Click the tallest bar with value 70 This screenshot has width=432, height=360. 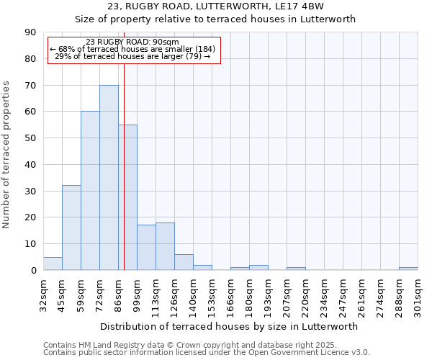pyautogui.click(x=109, y=178)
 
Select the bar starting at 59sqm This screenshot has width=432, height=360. pyautogui.click(x=90, y=191)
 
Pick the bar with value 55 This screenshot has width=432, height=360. pyautogui.click(x=127, y=197)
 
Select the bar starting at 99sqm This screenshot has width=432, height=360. pyautogui.click(x=146, y=248)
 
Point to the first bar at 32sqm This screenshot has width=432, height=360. pyautogui.click(x=53, y=264)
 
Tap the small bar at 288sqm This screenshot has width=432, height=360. pyautogui.click(x=408, y=269)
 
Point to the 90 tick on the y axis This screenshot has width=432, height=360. pyautogui.click(x=30, y=32)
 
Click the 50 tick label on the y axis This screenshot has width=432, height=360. pyautogui.click(x=30, y=138)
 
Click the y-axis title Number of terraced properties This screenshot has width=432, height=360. pyautogui.click(x=7, y=155)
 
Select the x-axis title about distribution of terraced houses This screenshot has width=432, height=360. pyautogui.click(x=230, y=326)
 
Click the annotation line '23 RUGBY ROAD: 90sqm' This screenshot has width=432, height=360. pyautogui.click(x=132, y=42)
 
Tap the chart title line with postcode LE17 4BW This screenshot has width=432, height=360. pyautogui.click(x=215, y=6)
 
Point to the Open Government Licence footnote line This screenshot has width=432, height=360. pyautogui.click(x=207, y=353)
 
